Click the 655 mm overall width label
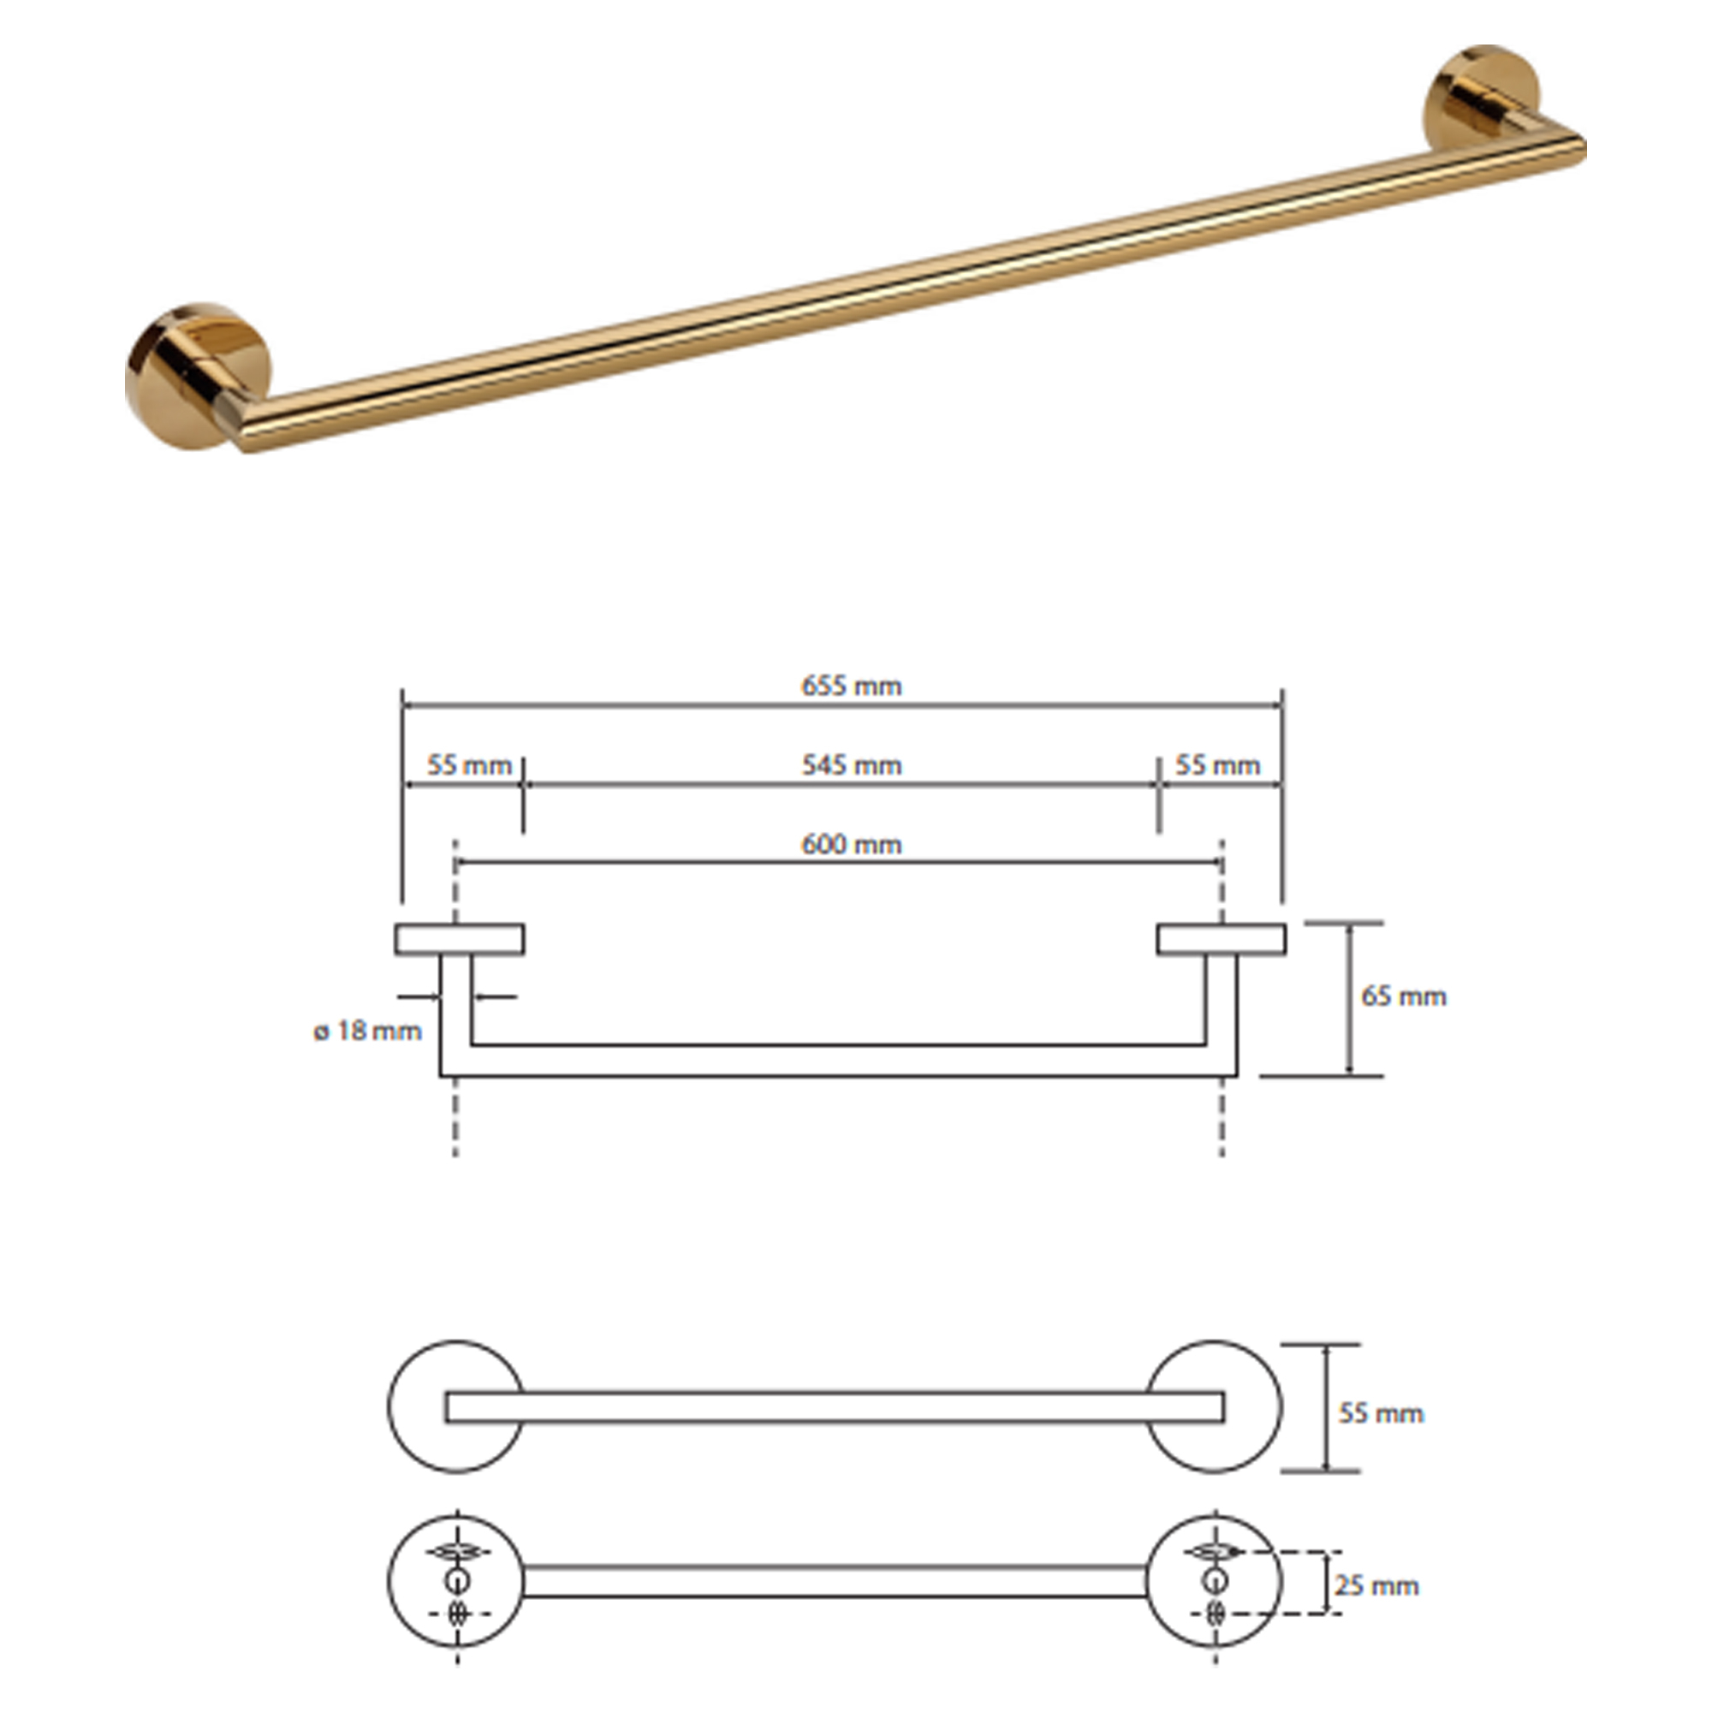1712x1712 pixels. (852, 686)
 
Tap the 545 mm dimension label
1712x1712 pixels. (852, 764)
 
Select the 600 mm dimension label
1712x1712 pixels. (852, 845)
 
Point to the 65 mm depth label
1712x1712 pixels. (1404, 996)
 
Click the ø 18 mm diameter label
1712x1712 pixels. (368, 1031)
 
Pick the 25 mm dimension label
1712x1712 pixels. (1377, 1585)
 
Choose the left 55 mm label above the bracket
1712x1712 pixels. (470, 764)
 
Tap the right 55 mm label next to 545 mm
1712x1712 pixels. (1217, 764)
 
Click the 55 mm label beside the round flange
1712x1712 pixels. (1381, 1412)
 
